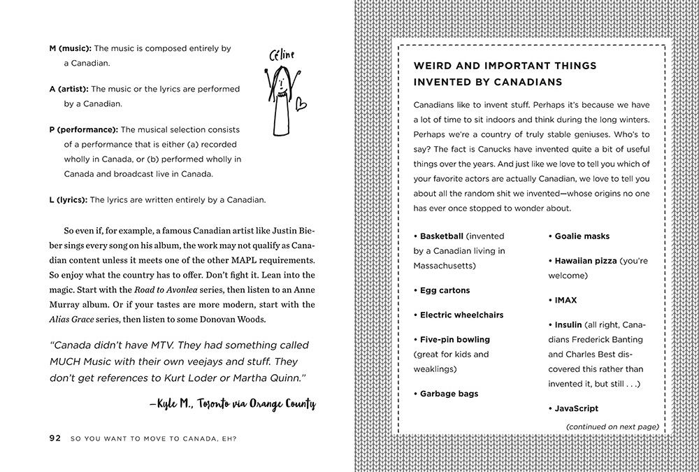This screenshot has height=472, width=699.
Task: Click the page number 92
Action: point(55,439)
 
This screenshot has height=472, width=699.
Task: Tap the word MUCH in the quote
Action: point(71,362)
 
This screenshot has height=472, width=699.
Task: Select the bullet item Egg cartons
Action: point(445,290)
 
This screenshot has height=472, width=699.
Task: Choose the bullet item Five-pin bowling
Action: point(454,339)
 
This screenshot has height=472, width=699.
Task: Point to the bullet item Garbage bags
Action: point(449,394)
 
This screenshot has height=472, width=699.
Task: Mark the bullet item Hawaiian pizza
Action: point(586,261)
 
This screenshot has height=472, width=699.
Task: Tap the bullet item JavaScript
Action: point(576,408)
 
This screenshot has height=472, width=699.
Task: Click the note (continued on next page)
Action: point(612,426)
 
